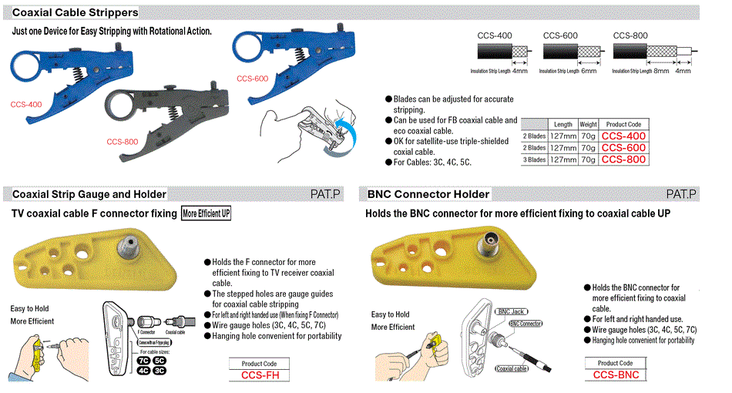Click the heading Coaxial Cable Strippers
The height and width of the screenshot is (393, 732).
76,12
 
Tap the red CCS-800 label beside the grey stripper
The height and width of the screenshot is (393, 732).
122,141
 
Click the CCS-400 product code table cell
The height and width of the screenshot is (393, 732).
623,136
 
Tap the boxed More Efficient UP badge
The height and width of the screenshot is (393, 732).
206,213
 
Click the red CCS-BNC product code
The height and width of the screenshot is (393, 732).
616,375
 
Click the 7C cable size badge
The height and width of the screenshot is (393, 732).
143,359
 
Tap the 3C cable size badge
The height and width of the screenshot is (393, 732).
159,370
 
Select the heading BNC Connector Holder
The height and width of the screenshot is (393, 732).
428,194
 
